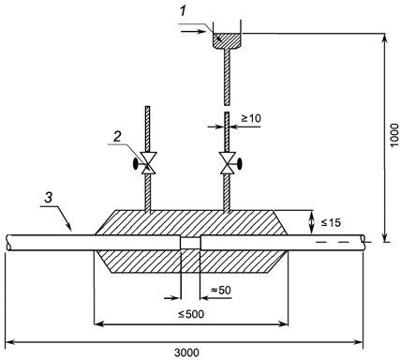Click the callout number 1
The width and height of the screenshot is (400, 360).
(183, 12)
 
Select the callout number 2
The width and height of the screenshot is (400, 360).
(116, 137)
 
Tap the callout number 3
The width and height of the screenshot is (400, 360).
(48, 198)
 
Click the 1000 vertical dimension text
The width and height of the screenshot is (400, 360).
(394, 135)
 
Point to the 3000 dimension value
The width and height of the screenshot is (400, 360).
(186, 352)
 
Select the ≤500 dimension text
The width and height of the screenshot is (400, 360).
(191, 314)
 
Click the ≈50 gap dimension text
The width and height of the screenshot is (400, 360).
(221, 291)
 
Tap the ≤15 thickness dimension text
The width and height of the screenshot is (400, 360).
(331, 222)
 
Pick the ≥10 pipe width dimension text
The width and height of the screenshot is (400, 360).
(251, 118)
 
